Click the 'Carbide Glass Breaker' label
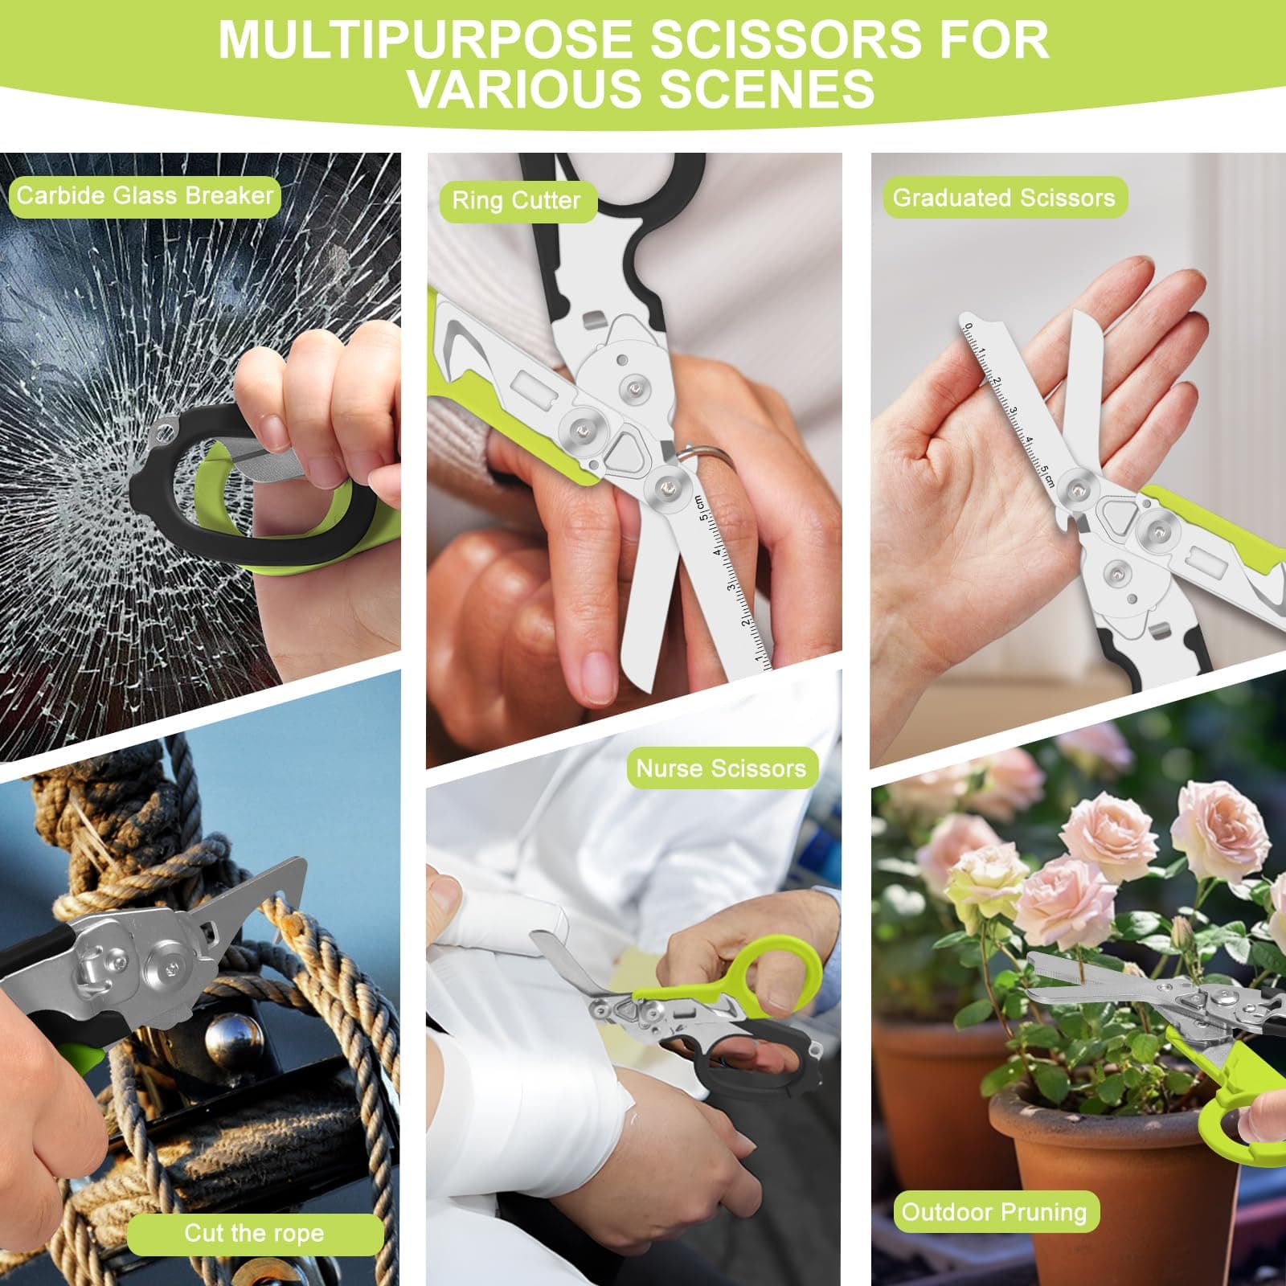click(x=145, y=196)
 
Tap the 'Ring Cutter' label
click(x=516, y=200)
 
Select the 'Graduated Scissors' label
click(x=1004, y=198)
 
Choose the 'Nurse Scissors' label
click(x=721, y=768)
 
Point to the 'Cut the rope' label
click(x=254, y=1233)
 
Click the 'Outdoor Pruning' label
click(x=994, y=1212)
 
